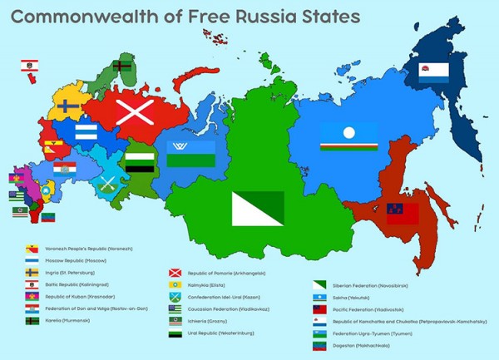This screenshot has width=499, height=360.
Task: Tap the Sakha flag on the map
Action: (348, 137)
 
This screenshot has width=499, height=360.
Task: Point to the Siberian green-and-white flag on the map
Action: (257, 209)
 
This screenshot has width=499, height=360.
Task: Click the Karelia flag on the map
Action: (120, 65)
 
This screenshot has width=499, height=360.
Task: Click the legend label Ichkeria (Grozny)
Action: (211, 320)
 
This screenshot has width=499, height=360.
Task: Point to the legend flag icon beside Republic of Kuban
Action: (32, 295)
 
